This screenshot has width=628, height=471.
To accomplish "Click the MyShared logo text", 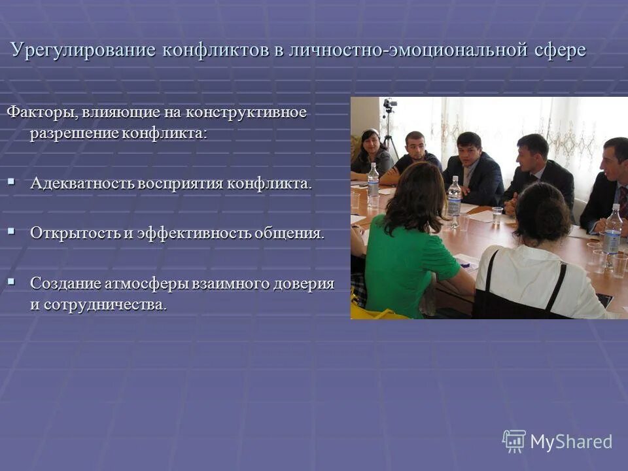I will pyautogui.click(x=571, y=442).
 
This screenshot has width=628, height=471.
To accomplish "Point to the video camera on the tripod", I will pyautogui.click(x=390, y=105).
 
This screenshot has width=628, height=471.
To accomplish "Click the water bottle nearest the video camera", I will pyautogui.click(x=373, y=184).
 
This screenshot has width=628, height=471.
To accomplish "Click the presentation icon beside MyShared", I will pyautogui.click(x=514, y=441).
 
